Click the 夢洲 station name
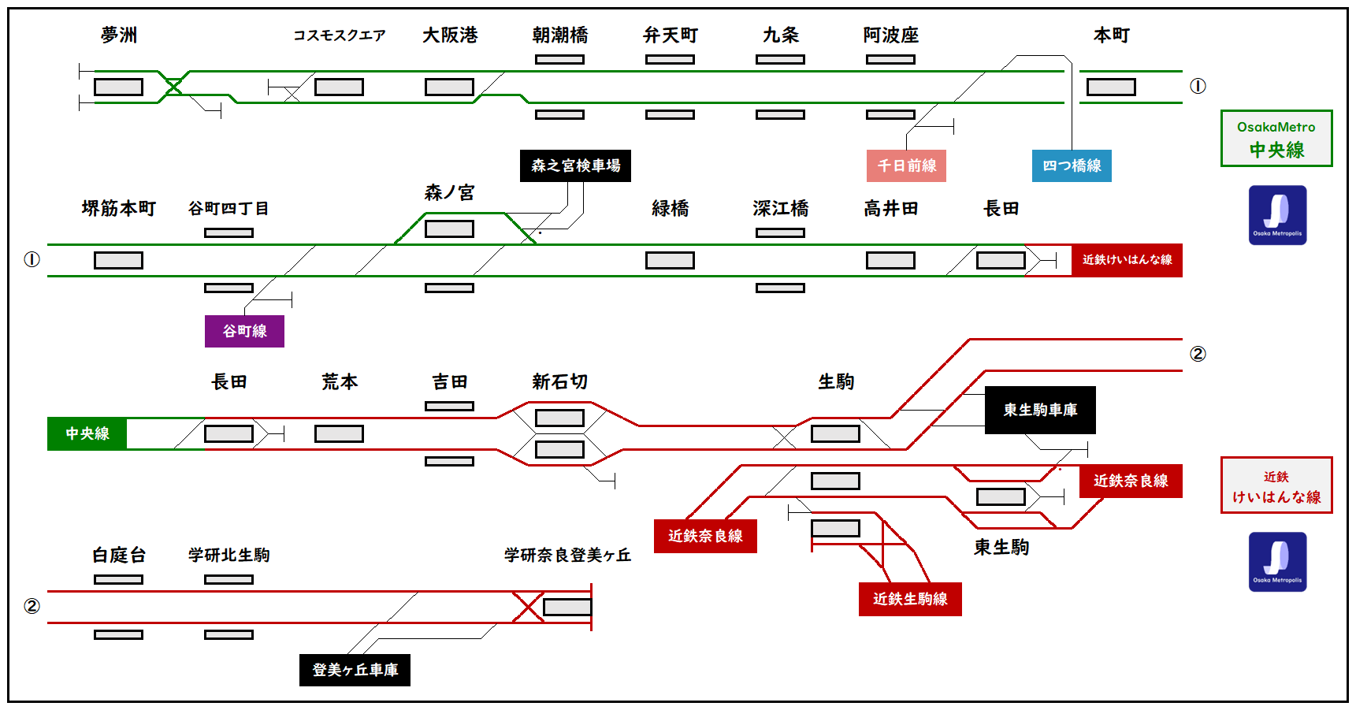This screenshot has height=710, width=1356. click(119, 35)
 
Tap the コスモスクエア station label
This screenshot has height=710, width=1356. click(339, 35)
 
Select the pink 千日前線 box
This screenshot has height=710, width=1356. click(906, 165)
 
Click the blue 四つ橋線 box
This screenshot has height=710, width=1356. click(1072, 165)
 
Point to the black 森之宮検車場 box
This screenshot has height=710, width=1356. click(575, 165)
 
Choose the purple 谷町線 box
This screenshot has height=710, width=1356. click(244, 331)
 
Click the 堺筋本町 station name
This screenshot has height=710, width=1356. click(119, 208)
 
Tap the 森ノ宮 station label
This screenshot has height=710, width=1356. click(449, 192)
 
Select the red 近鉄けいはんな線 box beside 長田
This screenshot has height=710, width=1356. click(1127, 260)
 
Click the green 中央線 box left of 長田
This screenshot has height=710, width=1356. click(87, 433)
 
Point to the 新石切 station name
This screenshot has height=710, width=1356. click(559, 381)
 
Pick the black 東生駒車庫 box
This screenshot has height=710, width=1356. click(1040, 410)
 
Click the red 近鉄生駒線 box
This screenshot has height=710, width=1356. click(910, 599)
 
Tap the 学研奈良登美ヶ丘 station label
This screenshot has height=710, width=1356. click(567, 555)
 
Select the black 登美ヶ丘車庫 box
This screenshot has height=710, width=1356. click(355, 670)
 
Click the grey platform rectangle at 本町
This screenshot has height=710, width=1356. click(1111, 87)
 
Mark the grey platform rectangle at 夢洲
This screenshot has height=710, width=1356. click(118, 87)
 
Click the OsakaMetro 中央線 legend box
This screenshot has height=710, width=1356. click(1276, 138)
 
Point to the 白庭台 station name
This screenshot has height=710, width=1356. click(119, 555)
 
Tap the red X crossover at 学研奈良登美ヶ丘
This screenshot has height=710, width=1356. click(528, 607)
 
